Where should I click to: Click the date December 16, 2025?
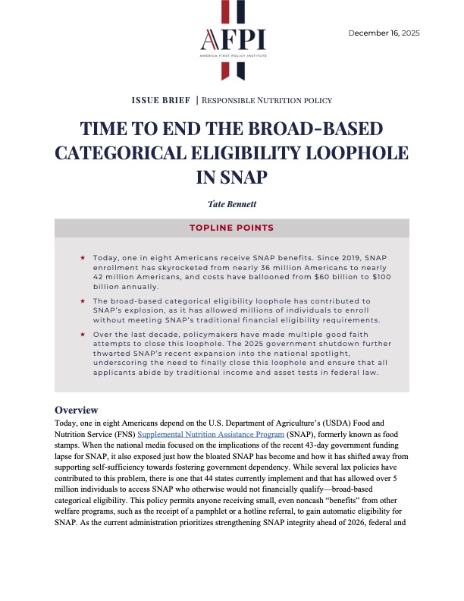pos(384,33)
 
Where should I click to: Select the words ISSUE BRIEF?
pos(160,100)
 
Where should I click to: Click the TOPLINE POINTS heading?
pos(232,228)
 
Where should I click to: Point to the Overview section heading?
pos(81,411)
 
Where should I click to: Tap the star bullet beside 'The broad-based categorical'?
pos(83,301)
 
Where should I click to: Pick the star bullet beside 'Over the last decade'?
pos(83,334)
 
